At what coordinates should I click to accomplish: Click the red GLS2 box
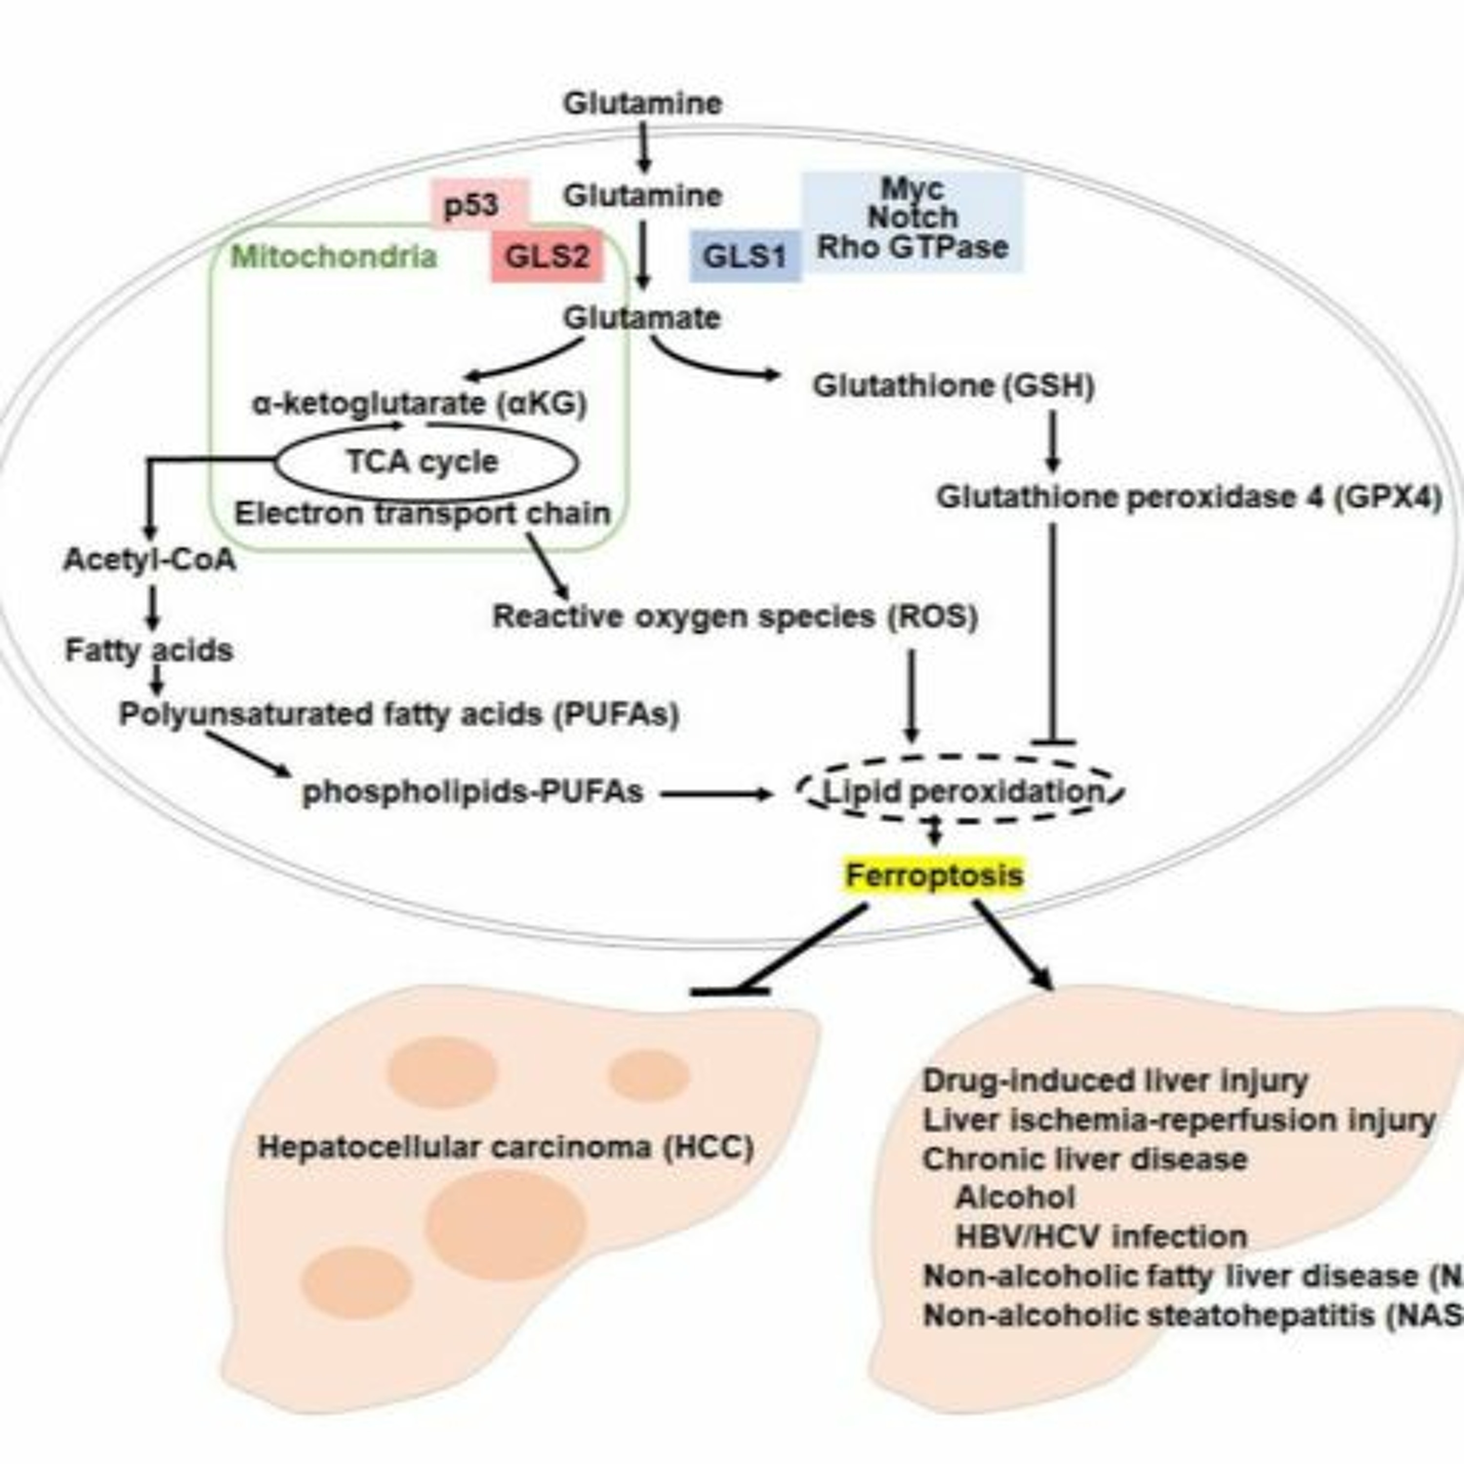pyautogui.click(x=547, y=257)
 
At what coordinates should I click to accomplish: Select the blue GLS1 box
pyautogui.click(x=744, y=257)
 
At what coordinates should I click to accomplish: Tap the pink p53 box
pyautogui.click(x=471, y=204)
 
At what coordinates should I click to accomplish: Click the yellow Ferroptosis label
pyautogui.click(x=934, y=875)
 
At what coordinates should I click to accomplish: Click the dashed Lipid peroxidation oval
pyautogui.click(x=962, y=792)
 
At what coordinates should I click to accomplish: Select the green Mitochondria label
pyautogui.click(x=333, y=257)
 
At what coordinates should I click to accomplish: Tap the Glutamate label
pyautogui.click(x=642, y=318)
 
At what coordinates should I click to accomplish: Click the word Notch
pyautogui.click(x=913, y=218)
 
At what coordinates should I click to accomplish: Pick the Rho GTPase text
pyautogui.click(x=913, y=247)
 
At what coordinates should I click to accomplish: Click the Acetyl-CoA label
pyautogui.click(x=149, y=560)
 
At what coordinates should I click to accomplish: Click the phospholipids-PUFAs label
pyautogui.click(x=473, y=793)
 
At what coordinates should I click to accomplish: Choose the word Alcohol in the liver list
pyautogui.click(x=1016, y=1197)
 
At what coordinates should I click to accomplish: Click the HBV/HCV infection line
pyautogui.click(x=1101, y=1237)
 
